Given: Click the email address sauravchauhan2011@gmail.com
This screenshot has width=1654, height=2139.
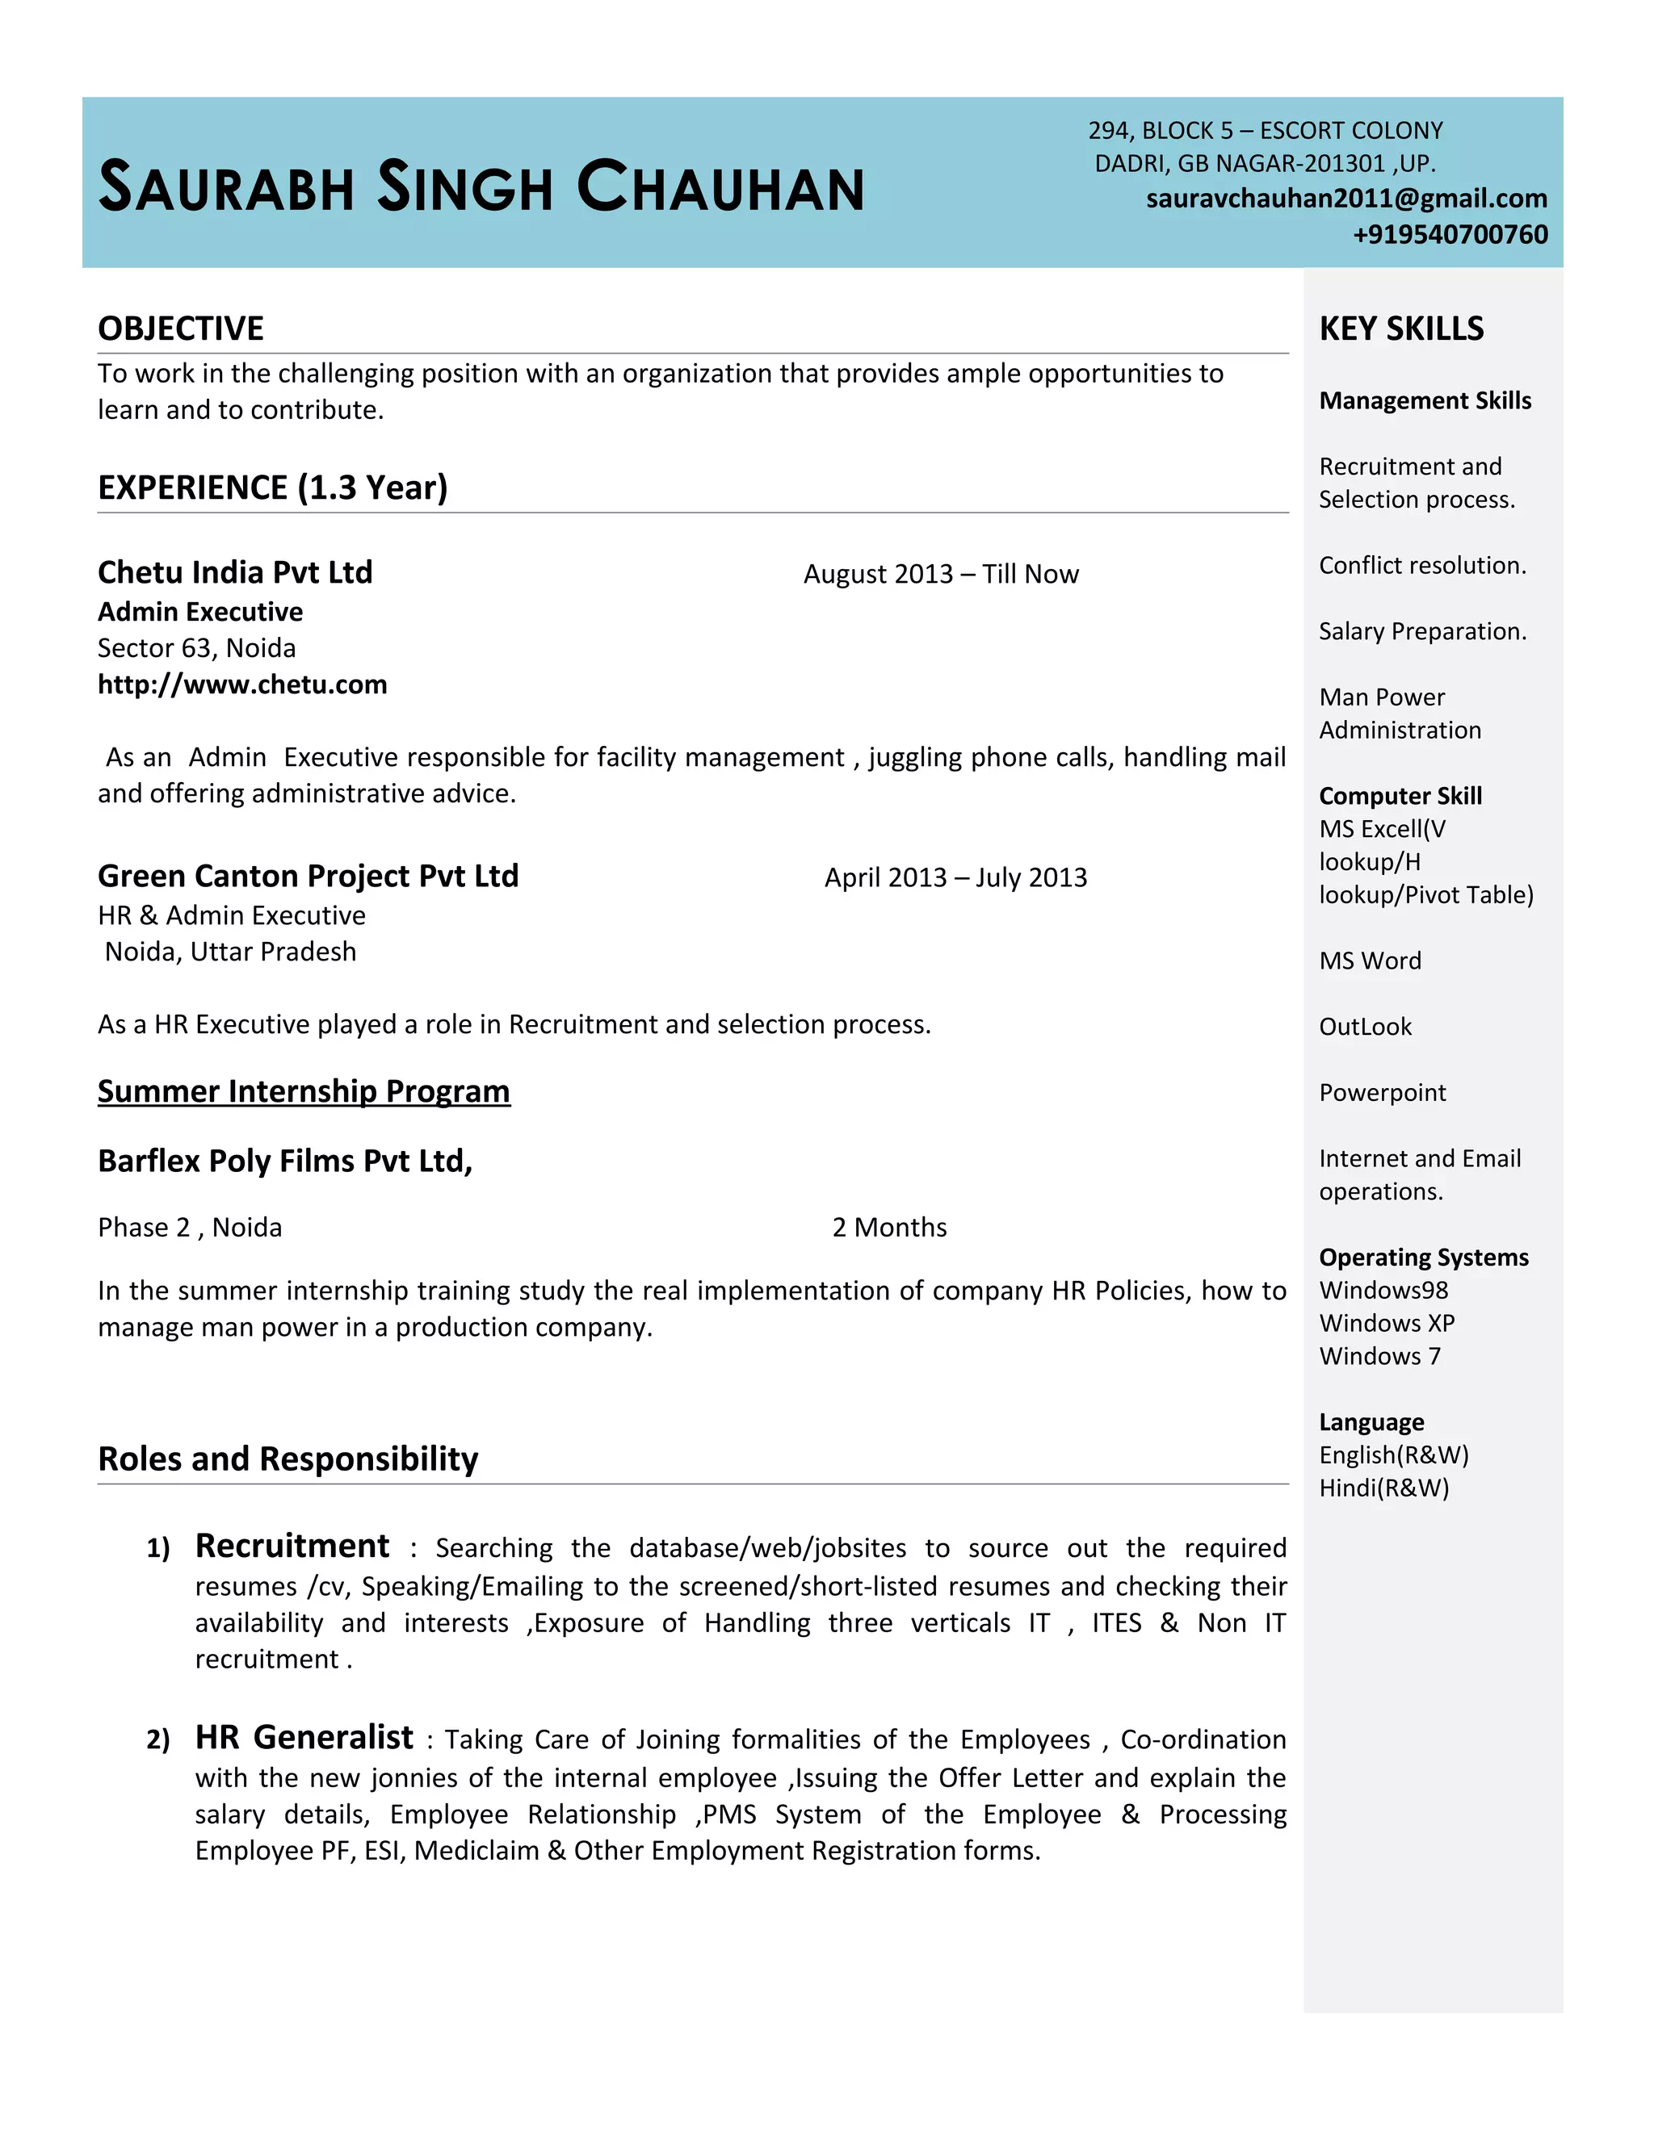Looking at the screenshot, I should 1346,199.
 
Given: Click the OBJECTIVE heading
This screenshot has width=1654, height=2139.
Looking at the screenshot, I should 180,328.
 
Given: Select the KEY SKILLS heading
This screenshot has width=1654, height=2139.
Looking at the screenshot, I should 1401,328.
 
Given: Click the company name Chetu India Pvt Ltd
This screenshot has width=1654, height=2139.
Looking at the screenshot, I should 235,572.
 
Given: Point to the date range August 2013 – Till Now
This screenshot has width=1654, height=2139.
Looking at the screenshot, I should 941,574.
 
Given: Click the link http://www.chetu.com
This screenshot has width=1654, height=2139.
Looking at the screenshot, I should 242,684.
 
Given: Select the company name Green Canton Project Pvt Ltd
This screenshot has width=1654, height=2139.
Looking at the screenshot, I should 308,876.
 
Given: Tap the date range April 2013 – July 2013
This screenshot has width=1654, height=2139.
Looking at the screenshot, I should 955,877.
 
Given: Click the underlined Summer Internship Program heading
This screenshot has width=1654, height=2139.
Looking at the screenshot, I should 304,1091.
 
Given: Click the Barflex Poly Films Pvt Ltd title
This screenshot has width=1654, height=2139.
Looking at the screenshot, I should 284,1161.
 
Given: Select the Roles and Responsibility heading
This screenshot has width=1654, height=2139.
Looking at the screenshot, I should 288,1459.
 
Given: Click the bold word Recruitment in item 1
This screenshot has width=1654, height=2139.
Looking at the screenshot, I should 292,1546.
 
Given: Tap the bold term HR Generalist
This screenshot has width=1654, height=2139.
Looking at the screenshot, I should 304,1738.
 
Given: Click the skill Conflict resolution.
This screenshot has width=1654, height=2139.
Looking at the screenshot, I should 1421,566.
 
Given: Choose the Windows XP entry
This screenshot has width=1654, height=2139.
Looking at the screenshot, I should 1387,1323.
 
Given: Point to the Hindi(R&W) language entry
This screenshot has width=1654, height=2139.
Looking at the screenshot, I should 1383,1488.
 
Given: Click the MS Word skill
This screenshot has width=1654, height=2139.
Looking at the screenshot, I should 1370,961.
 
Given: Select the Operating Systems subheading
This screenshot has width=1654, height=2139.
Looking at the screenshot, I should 1423,1258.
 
